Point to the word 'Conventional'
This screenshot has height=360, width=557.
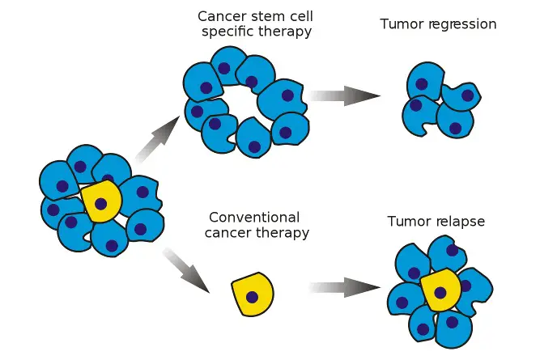click(x=254, y=218)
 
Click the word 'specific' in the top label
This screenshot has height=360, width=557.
click(x=226, y=32)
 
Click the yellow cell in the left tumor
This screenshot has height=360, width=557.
click(x=102, y=202)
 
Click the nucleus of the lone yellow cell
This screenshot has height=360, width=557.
click(x=253, y=297)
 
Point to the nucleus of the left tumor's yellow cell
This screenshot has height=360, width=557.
click(x=100, y=204)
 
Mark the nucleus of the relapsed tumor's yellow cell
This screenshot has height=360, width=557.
click(x=440, y=292)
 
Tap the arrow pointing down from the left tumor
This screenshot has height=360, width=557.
click(x=187, y=270)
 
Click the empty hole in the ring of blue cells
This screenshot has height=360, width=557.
click(x=243, y=101)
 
